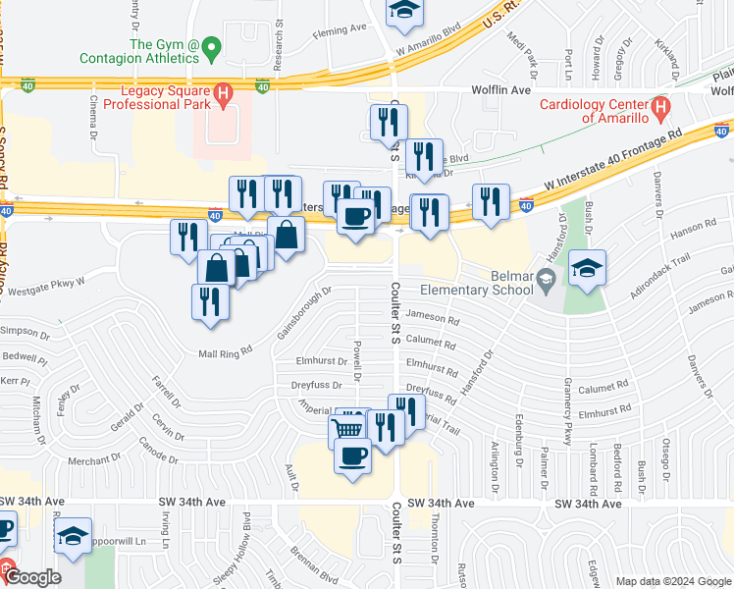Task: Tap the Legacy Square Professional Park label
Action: (167, 98)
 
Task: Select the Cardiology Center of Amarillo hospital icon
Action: (661, 106)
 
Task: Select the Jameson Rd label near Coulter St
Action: (432, 319)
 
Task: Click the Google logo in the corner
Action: (32, 577)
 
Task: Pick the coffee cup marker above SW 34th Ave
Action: (353, 455)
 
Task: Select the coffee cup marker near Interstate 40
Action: (355, 215)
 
